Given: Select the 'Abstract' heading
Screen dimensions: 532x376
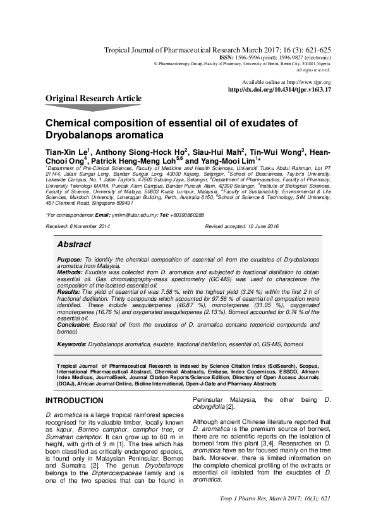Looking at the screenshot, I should (x=74, y=244).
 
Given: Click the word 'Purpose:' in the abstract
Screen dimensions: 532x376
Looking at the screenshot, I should (x=70, y=260).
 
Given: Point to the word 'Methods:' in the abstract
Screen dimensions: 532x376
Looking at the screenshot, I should (x=70, y=272).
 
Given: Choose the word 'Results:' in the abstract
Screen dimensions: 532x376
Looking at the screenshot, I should (x=69, y=291).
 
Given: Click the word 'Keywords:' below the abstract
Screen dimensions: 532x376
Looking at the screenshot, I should (x=71, y=344).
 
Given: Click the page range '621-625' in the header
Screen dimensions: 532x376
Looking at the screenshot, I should (x=317, y=49).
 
